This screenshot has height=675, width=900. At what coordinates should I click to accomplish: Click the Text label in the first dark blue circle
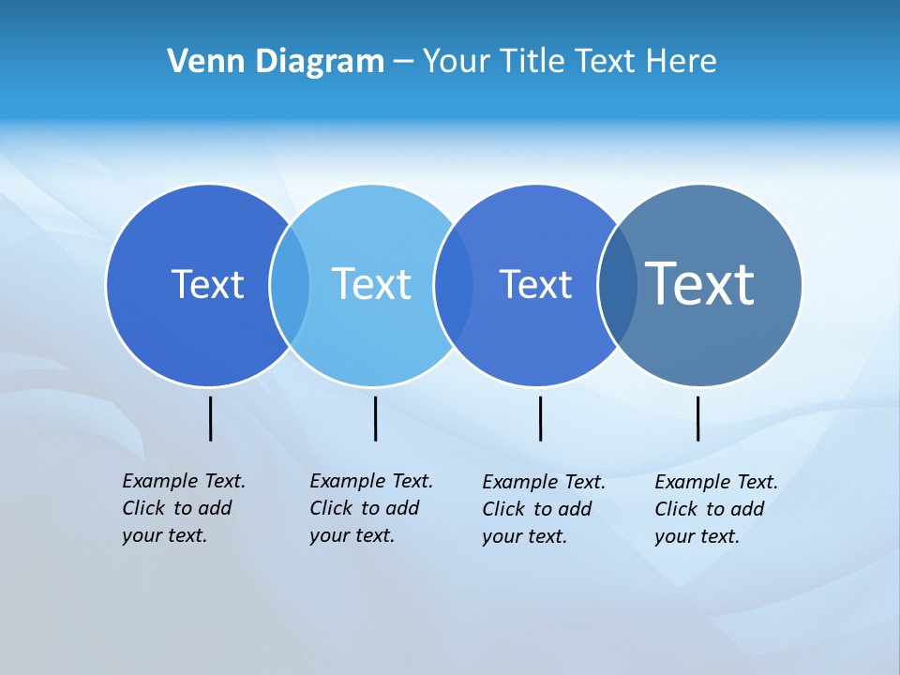tap(207, 284)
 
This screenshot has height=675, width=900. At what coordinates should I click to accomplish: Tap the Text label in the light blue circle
tap(371, 284)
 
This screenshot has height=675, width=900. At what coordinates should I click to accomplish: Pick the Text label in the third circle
tap(535, 285)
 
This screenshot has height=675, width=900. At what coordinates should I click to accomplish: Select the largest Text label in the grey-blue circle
tap(699, 283)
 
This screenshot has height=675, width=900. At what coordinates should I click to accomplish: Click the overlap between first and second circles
tap(290, 285)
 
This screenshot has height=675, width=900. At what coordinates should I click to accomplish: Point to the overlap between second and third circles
tap(454, 285)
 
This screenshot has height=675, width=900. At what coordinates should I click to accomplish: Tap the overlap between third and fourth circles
tap(618, 285)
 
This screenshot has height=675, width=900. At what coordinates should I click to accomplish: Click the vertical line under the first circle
tap(210, 418)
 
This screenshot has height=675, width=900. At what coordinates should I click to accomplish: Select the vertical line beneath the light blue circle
tap(375, 418)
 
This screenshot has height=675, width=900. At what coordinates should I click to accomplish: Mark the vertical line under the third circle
tap(540, 418)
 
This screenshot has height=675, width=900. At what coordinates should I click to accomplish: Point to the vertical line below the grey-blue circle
tap(697, 418)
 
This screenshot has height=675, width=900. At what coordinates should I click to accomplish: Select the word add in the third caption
tap(575, 509)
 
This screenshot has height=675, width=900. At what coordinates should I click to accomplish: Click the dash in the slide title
tap(403, 63)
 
